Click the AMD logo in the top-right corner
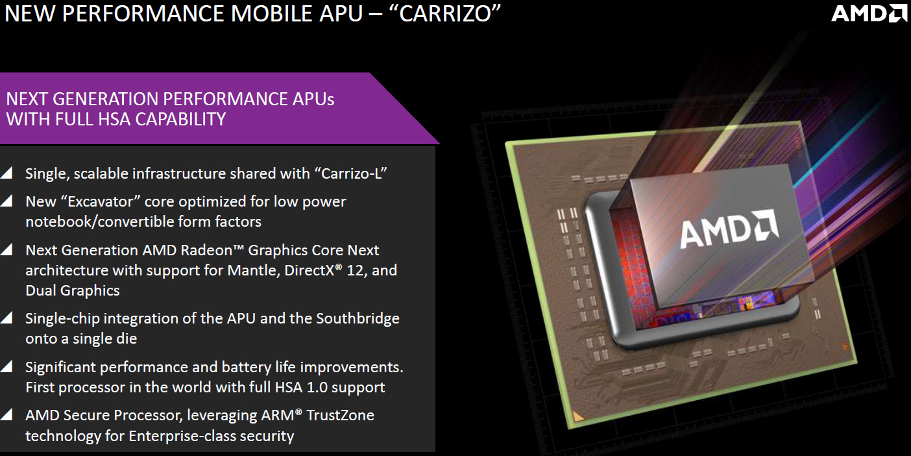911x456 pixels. [869, 13]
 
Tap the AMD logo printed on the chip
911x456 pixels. [729, 229]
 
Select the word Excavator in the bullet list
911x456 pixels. [101, 201]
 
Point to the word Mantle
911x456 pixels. [253, 270]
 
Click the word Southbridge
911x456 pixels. [358, 319]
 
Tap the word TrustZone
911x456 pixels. [341, 415]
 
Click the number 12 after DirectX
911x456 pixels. [355, 271]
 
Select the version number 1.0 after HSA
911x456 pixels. [317, 387]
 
